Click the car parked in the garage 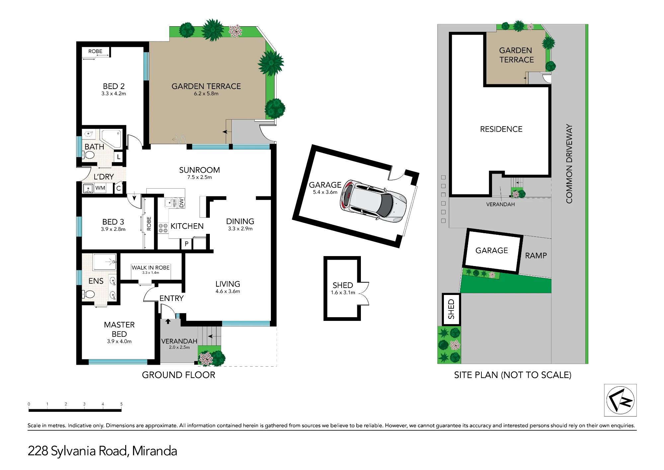coord(373,201)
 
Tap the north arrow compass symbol coord(620,400)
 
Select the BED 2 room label coord(114,86)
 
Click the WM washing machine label coord(100,188)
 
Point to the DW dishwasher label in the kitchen coord(181,203)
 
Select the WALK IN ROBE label coord(151,268)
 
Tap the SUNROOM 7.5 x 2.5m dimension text coord(200,177)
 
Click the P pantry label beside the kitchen coord(187,244)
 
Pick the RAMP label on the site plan coord(536,256)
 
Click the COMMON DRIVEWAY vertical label coord(569,164)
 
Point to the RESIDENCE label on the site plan coord(501,129)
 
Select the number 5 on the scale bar coord(122,404)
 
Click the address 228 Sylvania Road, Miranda coord(102,451)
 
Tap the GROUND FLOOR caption coord(179,375)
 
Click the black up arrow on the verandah coord(168,321)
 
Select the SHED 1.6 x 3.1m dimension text coord(343,293)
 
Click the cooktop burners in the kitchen coord(163,228)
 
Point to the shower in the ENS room coord(105,262)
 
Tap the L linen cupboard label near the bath coord(119,157)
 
